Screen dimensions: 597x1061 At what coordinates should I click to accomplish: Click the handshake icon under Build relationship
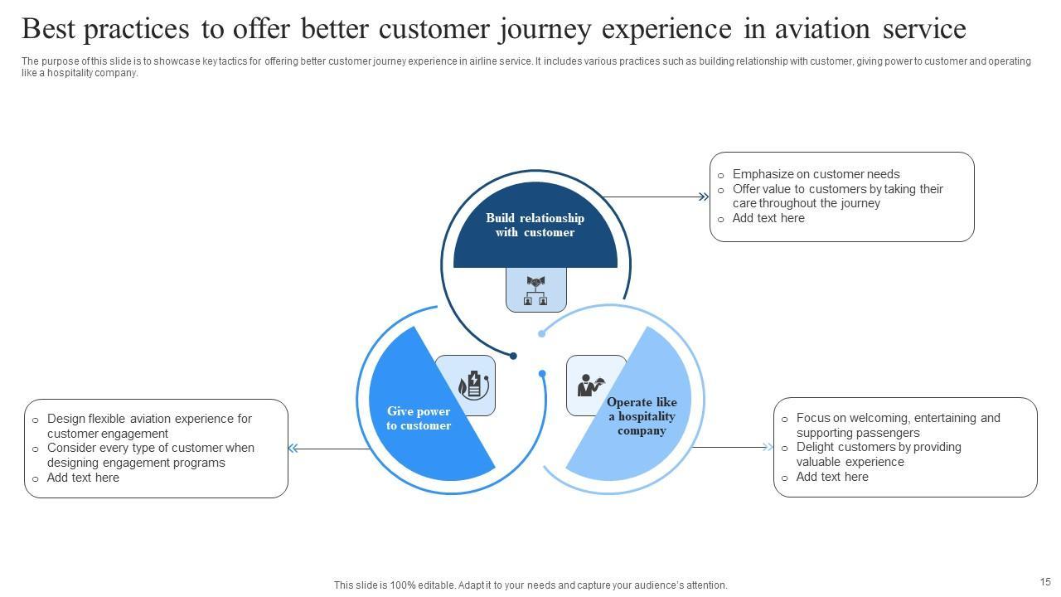point(536,290)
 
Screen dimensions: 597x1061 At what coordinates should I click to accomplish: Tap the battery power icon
point(472,385)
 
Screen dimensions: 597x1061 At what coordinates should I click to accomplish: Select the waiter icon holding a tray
point(589,386)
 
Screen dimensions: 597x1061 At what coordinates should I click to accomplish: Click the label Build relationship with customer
point(535,226)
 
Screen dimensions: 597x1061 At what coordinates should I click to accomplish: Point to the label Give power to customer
point(419,419)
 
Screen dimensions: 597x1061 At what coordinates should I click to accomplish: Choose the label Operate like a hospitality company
point(642,416)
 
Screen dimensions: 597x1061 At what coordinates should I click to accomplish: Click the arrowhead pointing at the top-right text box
point(704,197)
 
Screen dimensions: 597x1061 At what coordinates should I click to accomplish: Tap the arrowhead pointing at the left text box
point(293,449)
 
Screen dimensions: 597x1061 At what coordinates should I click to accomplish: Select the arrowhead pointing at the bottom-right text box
point(768,448)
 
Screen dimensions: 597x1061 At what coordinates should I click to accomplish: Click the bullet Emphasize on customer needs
point(816,174)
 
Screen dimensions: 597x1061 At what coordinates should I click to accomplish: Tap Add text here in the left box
point(83,478)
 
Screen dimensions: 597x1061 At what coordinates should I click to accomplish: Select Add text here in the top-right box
point(768,218)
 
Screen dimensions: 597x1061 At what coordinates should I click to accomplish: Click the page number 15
point(1045,582)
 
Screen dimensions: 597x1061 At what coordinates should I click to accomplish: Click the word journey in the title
point(545,29)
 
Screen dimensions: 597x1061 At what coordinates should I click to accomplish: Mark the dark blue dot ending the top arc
point(513,356)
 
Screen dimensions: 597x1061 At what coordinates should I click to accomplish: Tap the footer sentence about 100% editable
point(530,585)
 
